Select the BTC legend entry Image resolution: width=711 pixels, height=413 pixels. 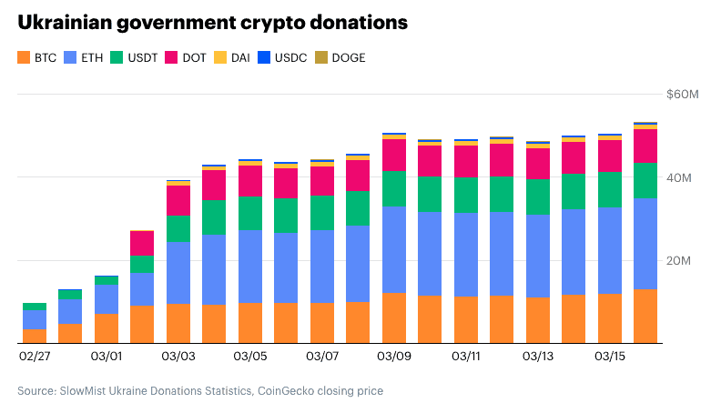point(36,57)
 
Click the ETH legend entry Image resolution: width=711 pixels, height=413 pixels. point(84,57)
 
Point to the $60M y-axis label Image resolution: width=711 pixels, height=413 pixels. point(682,95)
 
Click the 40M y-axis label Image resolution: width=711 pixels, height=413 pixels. point(686,177)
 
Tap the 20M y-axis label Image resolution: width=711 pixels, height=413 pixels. point(686,260)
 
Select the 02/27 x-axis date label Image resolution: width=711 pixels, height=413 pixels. point(35,357)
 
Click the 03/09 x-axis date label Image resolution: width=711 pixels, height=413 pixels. point(393,357)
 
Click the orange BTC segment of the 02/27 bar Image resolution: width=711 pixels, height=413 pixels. point(35,335)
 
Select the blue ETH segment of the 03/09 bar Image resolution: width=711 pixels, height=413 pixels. point(393,249)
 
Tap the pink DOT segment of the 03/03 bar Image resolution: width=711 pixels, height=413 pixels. point(178,200)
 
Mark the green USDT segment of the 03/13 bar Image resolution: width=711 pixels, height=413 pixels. point(537,196)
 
